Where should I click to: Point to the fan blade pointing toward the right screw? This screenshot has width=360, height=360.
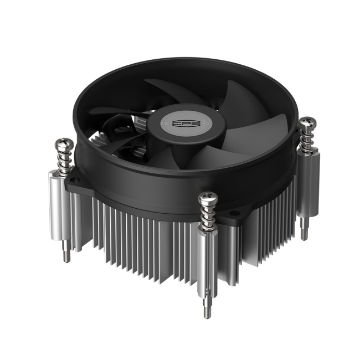244,133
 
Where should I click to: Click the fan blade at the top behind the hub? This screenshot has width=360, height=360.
172,91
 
